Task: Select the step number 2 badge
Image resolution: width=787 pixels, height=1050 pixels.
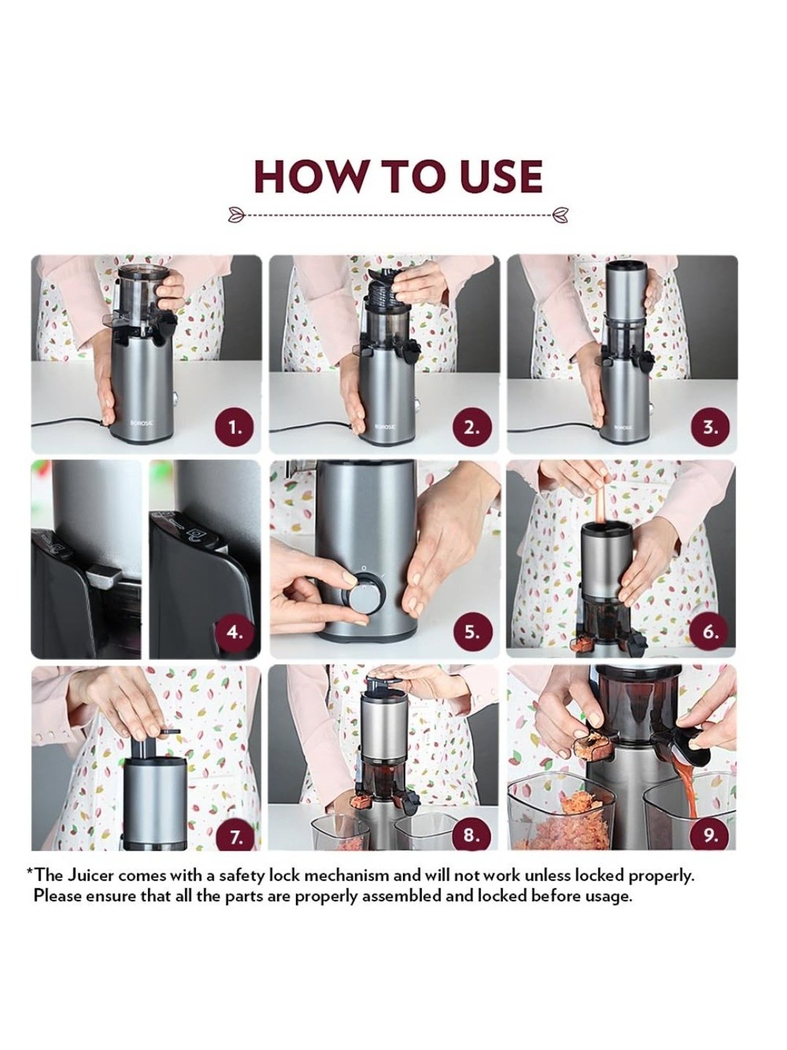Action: click(472, 427)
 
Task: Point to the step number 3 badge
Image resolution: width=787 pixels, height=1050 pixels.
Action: click(710, 427)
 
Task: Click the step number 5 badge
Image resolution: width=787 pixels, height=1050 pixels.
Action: click(472, 632)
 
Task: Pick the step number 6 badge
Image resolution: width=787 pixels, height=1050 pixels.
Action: click(710, 632)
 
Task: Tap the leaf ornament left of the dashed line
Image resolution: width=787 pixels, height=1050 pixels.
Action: click(237, 214)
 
